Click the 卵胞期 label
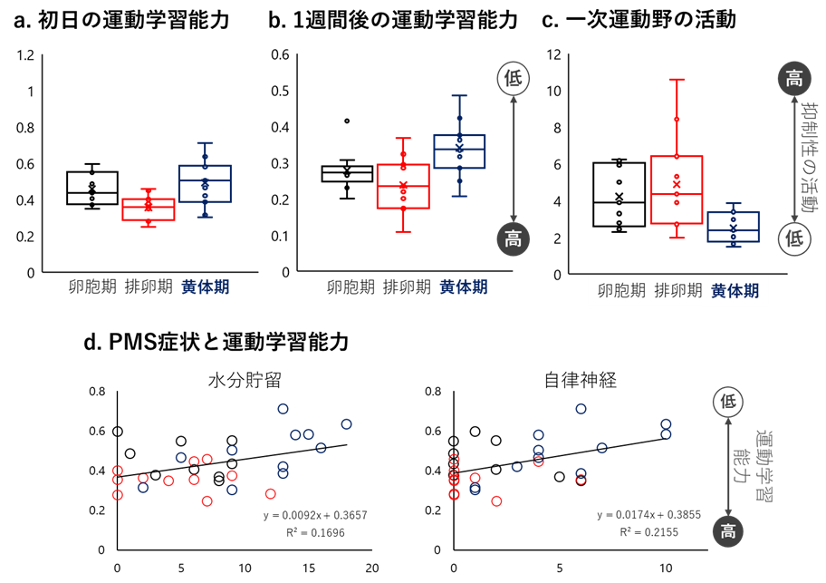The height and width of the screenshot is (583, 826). click(621, 291)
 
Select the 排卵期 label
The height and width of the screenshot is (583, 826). click(677, 291)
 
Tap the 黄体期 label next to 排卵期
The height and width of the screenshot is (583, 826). click(735, 291)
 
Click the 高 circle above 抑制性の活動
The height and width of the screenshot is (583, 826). click(794, 79)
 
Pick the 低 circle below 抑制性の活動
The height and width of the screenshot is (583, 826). click(794, 238)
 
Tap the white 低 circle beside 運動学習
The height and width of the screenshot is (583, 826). click(728, 402)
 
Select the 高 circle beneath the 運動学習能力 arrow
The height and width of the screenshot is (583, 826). click(728, 531)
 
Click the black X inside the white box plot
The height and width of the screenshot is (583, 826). click(619, 197)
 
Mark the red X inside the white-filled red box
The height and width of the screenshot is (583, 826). click(677, 184)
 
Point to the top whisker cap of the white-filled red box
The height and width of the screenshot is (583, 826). click(677, 80)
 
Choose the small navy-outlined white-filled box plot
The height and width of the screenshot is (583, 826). click(733, 227)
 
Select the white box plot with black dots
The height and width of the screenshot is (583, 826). click(619, 194)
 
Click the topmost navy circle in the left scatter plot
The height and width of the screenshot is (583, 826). click(283, 409)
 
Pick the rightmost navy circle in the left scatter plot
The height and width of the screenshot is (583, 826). click(346, 423)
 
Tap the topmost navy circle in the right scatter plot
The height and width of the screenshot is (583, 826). click(581, 409)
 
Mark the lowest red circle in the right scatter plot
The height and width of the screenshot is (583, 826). click(496, 501)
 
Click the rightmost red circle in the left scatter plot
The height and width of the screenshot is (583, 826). click(270, 494)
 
